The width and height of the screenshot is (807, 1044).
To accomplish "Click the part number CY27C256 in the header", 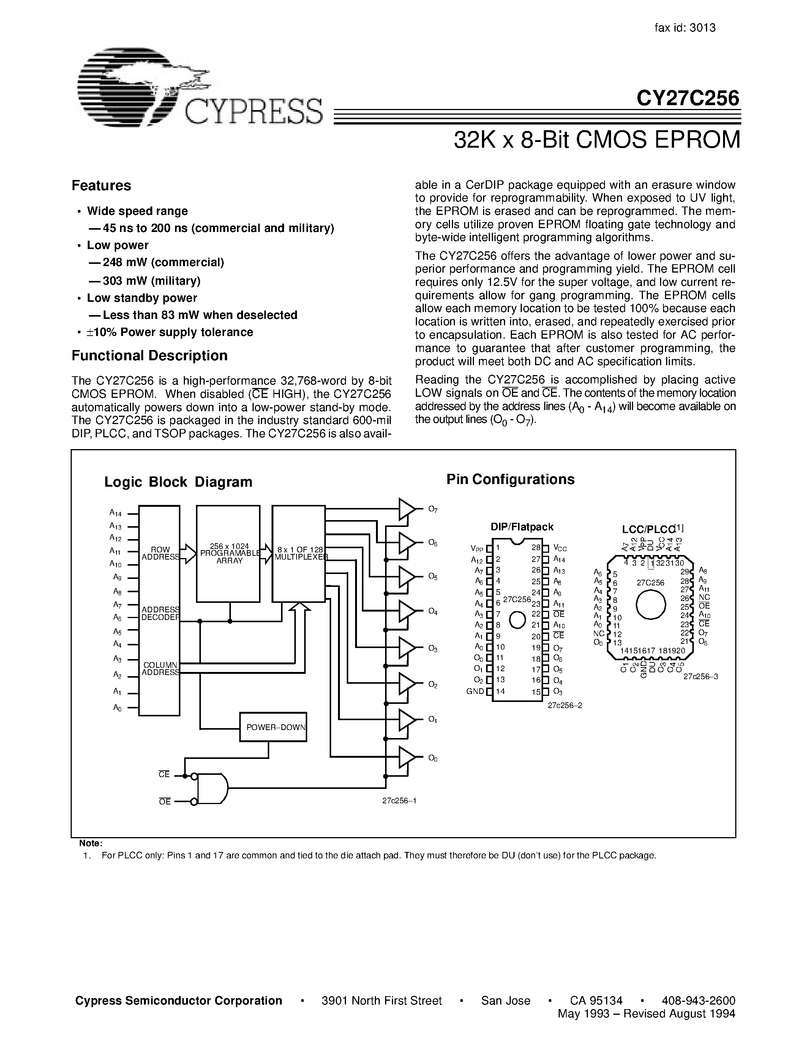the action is (x=687, y=98).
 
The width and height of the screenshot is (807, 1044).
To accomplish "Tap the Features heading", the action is (x=101, y=186).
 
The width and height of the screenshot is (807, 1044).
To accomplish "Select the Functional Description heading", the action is (x=149, y=356).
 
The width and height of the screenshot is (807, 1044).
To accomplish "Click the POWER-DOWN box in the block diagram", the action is (x=273, y=727).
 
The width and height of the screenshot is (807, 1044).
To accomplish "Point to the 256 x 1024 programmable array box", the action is (x=228, y=554).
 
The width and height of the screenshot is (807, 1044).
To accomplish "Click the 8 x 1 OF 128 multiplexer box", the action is (x=299, y=554).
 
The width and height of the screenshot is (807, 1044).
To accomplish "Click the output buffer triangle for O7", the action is (x=407, y=509).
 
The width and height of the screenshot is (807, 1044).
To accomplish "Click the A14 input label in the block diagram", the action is (x=116, y=513).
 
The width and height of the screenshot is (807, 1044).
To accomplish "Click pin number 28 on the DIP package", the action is (x=535, y=548).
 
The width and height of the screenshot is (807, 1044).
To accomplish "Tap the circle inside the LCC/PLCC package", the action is (x=651, y=605).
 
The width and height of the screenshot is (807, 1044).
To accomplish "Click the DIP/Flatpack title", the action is (x=521, y=527).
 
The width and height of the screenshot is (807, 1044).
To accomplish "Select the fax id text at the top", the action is (x=685, y=28).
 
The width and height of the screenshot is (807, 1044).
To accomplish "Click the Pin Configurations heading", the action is (x=510, y=479).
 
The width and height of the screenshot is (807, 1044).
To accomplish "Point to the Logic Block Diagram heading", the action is (x=178, y=482).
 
